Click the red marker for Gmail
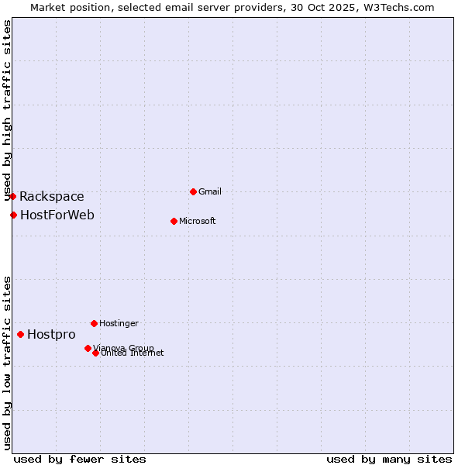pyautogui.click(x=193, y=191)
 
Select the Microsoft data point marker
pyautogui.click(x=174, y=221)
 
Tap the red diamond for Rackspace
pyautogui.click(x=13, y=196)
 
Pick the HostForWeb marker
pyautogui.click(x=14, y=215)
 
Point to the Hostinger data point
pyautogui.click(x=94, y=323)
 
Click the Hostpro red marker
pyautogui.click(x=21, y=334)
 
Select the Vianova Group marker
pyautogui.click(x=88, y=348)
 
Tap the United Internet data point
pyautogui.click(x=95, y=353)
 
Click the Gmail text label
pyautogui.click(x=210, y=191)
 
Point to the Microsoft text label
pyautogui.click(x=197, y=221)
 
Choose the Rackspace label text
pyautogui.click(x=52, y=197)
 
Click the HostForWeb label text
pyautogui.click(x=57, y=215)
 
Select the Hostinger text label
pyautogui.click(x=119, y=323)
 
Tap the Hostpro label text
pyautogui.click(x=51, y=335)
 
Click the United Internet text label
pyautogui.click(x=133, y=353)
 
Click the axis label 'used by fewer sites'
pyautogui.click(x=80, y=459)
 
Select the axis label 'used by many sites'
pyautogui.click(x=389, y=459)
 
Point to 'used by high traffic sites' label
pyautogui.click(x=8, y=109)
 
